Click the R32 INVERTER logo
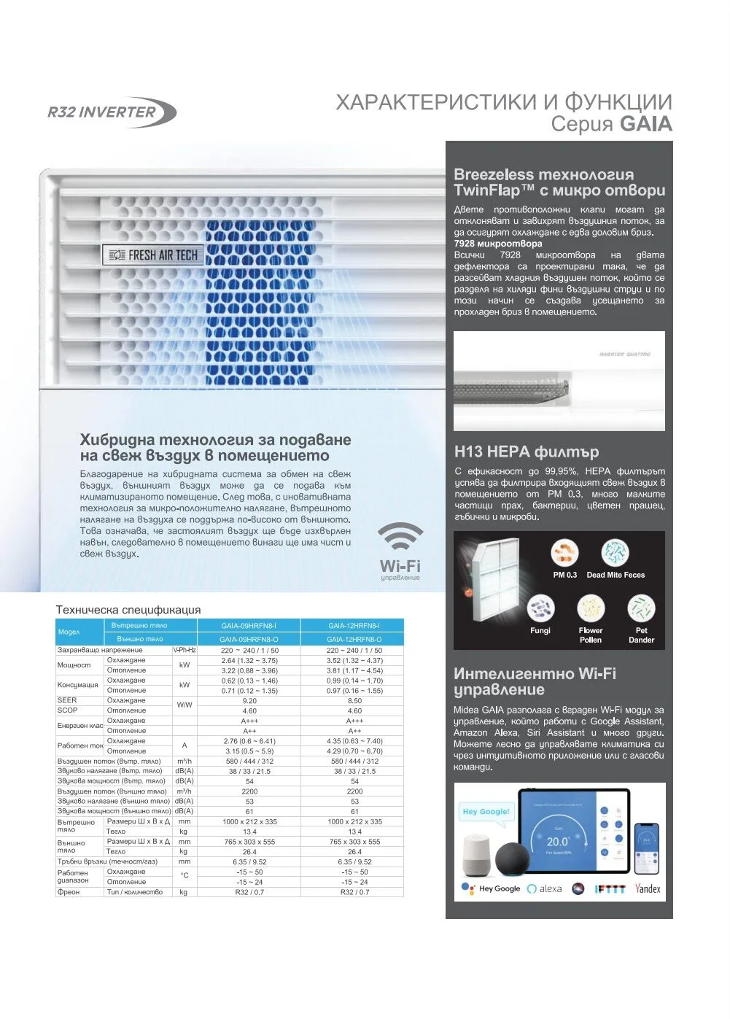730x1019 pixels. [x=112, y=112]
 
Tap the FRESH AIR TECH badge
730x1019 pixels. [x=152, y=255]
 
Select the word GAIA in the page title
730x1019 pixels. [x=645, y=123]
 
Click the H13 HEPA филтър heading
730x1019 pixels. [x=526, y=452]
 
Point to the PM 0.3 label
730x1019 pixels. [x=564, y=575]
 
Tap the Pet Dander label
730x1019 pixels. [x=641, y=635]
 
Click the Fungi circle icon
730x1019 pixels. [x=540, y=607]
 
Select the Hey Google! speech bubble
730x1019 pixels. [x=486, y=812]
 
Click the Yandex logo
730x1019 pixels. [x=648, y=888]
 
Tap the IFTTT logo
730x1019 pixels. [x=610, y=889]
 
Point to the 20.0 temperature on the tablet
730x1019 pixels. [x=558, y=841]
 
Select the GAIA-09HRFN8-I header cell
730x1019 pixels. [x=249, y=625]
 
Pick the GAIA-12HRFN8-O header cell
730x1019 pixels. [x=354, y=639]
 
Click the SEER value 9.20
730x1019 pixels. [x=249, y=700]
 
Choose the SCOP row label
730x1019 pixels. [x=68, y=710]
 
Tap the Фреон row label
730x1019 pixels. [x=69, y=891]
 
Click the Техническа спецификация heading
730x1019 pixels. [x=128, y=610]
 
